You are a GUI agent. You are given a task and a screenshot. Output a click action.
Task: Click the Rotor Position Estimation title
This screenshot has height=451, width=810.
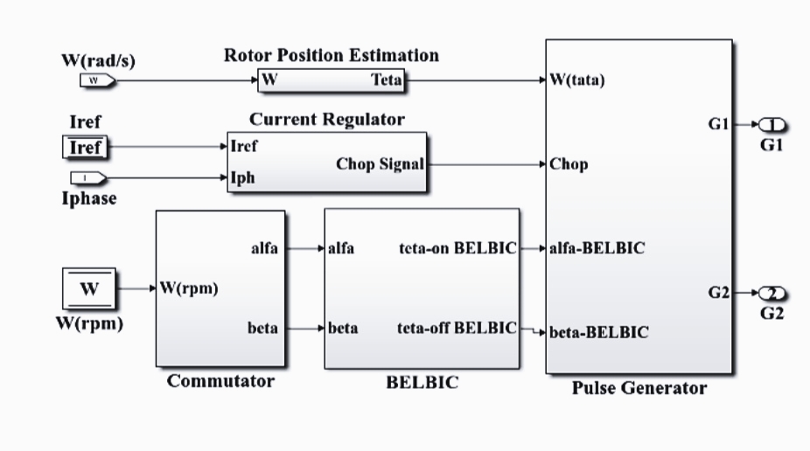(x=332, y=55)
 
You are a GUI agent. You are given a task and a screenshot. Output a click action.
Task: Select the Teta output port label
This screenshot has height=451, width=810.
(x=386, y=80)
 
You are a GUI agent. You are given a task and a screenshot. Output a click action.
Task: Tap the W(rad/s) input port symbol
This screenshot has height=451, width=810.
(x=97, y=80)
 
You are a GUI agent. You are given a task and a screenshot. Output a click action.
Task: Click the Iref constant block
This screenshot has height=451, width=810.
(x=85, y=148)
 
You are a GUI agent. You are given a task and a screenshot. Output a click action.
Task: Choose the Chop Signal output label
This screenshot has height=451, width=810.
(x=380, y=163)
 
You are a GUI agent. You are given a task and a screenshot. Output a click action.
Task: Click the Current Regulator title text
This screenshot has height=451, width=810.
(x=327, y=119)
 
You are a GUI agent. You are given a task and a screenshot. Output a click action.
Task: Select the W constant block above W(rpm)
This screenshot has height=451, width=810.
(x=89, y=289)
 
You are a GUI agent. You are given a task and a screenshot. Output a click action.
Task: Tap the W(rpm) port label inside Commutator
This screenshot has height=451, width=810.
(x=188, y=289)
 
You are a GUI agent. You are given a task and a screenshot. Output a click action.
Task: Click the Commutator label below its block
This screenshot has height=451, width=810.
(x=220, y=381)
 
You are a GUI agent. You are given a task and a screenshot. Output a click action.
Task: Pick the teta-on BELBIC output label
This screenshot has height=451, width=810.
(x=457, y=248)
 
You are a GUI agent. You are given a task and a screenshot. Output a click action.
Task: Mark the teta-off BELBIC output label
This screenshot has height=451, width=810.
(x=457, y=329)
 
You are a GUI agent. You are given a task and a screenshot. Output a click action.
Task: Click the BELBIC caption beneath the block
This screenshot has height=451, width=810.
(x=422, y=383)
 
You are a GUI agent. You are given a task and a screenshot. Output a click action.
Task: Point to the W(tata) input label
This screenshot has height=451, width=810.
(x=577, y=80)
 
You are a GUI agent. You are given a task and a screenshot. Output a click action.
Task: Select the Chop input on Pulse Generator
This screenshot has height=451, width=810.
(x=569, y=163)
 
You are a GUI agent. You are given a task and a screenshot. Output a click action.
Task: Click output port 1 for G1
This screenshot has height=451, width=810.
(x=772, y=125)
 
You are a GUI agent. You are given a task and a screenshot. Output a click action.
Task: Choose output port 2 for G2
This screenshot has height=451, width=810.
(x=772, y=293)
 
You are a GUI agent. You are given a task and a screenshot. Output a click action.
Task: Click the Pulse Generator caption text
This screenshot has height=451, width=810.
(x=639, y=388)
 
